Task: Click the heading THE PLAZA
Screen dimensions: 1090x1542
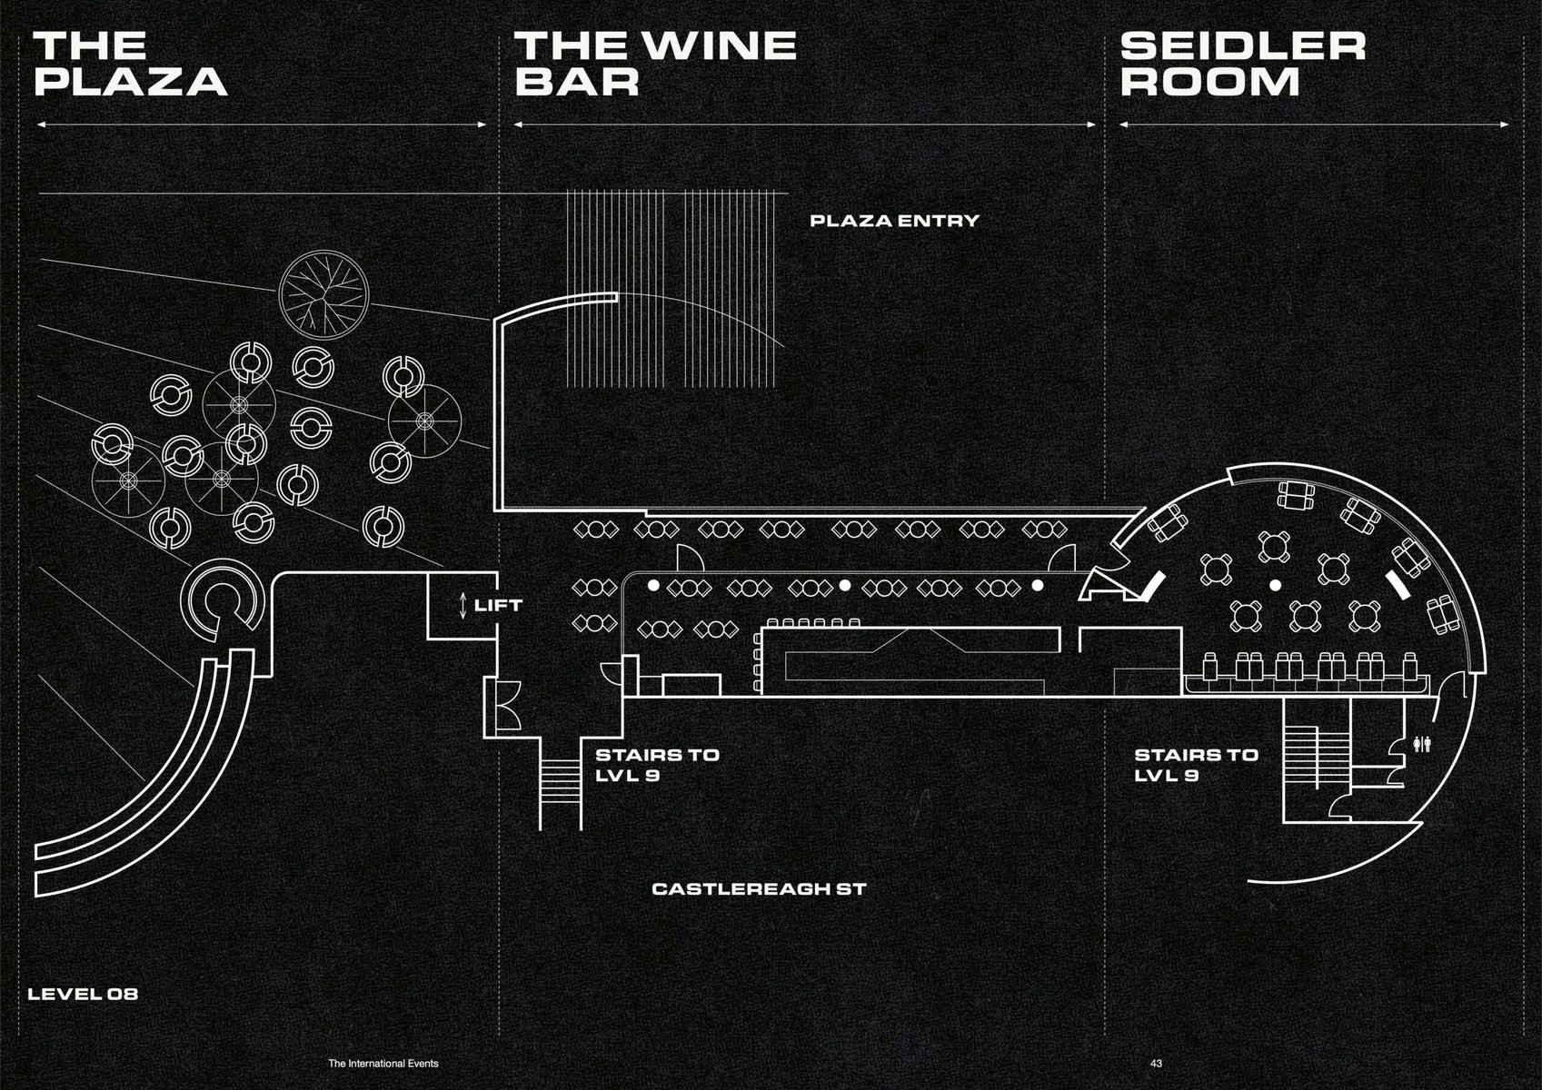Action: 129,64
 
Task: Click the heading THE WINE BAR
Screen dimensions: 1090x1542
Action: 655,64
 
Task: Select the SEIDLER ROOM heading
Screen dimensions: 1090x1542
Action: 1242,64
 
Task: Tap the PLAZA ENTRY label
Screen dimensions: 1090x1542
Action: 894,221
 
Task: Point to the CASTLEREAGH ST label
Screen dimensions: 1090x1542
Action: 759,888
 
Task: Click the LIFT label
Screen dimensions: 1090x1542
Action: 499,604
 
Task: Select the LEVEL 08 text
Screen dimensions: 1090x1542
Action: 83,994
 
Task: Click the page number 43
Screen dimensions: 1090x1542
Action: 1156,1063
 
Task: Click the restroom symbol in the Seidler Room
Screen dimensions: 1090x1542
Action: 1425,744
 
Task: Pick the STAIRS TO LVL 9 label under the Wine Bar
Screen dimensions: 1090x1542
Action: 657,765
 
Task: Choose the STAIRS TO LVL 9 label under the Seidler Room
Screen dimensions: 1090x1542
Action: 1196,765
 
